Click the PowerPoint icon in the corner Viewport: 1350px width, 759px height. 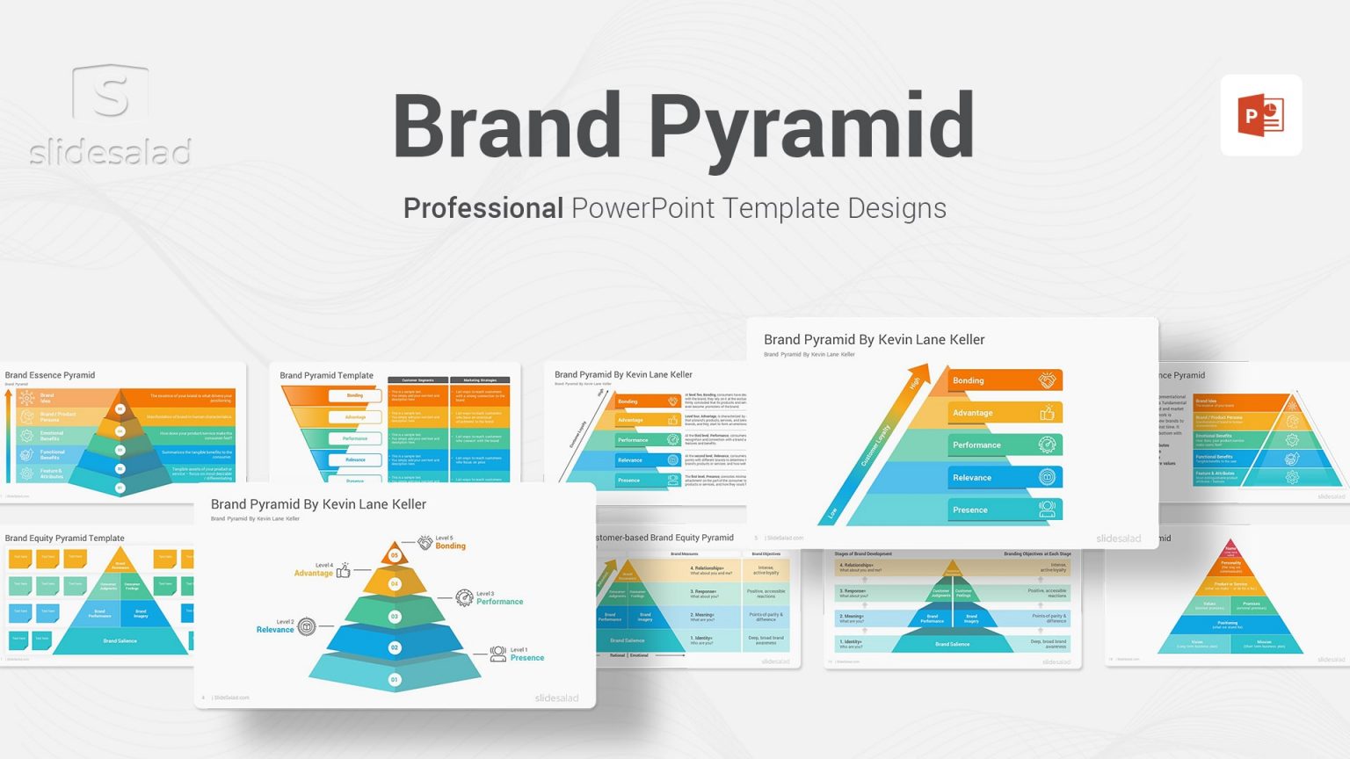pyautogui.click(x=1260, y=115)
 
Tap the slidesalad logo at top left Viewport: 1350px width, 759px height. pyautogui.click(x=110, y=114)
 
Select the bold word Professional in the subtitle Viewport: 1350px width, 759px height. pyautogui.click(x=483, y=208)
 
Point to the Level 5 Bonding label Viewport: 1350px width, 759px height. pyautogui.click(x=450, y=543)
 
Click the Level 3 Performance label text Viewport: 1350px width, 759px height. pyautogui.click(x=498, y=598)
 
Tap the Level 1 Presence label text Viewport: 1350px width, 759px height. pyautogui.click(x=526, y=654)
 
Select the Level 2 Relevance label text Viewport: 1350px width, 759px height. pyautogui.click(x=275, y=626)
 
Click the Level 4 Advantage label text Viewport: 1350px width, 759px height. pyautogui.click(x=314, y=570)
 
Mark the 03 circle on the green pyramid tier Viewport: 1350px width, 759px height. pyautogui.click(x=395, y=617)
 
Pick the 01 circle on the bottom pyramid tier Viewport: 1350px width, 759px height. pyautogui.click(x=395, y=679)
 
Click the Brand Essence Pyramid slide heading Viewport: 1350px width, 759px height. pyautogui.click(x=50, y=375)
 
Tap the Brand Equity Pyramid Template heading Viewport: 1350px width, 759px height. pyautogui.click(x=65, y=539)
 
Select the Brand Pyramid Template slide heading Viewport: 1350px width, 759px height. pyautogui.click(x=326, y=375)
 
